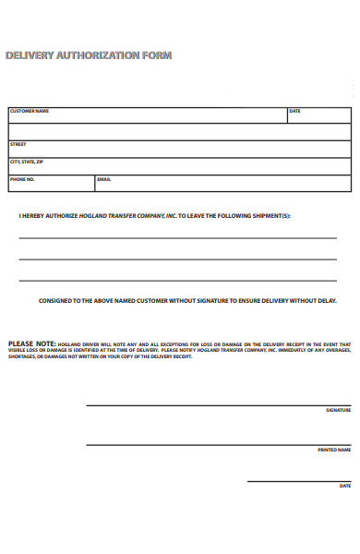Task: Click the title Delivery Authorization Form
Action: pyautogui.click(x=89, y=55)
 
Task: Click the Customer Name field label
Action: pyautogui.click(x=29, y=111)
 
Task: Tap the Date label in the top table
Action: pyautogui.click(x=295, y=111)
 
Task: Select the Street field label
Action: pyautogui.click(x=18, y=144)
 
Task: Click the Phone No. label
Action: pyautogui.click(x=22, y=179)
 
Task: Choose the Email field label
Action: pyautogui.click(x=103, y=179)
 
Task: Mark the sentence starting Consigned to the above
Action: pyautogui.click(x=187, y=300)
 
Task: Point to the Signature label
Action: pyautogui.click(x=338, y=410)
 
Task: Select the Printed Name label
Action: pyautogui.click(x=334, y=450)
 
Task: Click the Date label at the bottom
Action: pyautogui.click(x=345, y=486)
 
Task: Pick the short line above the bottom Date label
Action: pyautogui.click(x=299, y=481)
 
